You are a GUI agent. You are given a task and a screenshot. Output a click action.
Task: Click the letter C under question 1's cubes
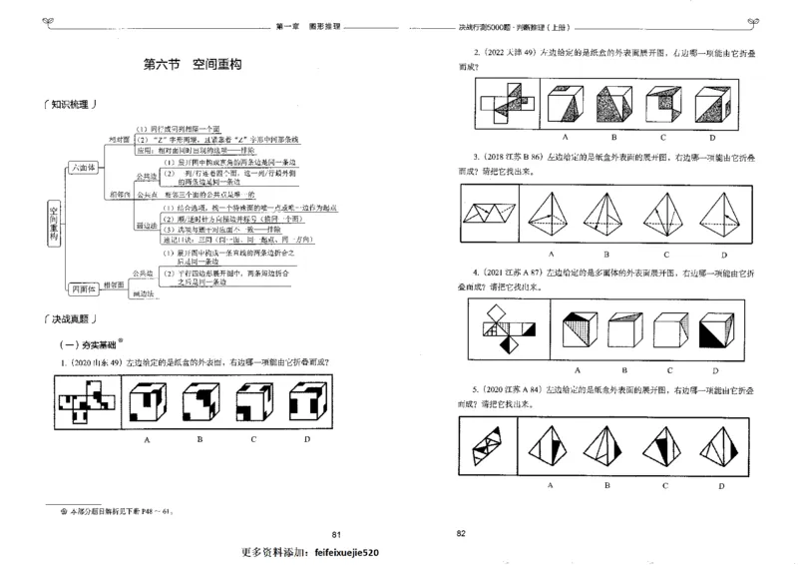254,438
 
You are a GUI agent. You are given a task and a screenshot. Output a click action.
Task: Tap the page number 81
336,534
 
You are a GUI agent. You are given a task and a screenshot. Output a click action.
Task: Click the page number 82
461,534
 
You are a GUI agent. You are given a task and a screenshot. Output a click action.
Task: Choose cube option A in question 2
566,104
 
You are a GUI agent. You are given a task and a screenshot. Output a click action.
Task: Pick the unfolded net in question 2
507,104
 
